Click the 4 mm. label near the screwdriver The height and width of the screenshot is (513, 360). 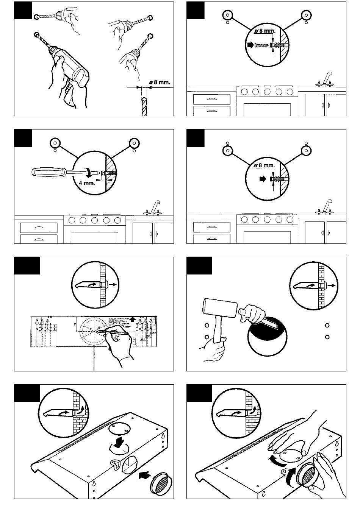[87, 184]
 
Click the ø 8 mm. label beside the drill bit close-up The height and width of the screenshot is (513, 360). [160, 82]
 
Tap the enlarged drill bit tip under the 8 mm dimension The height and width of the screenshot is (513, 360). [143, 106]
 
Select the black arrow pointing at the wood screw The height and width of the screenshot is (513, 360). [250, 45]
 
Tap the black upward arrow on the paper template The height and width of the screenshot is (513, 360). [132, 319]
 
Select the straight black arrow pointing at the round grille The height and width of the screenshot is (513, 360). [144, 474]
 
